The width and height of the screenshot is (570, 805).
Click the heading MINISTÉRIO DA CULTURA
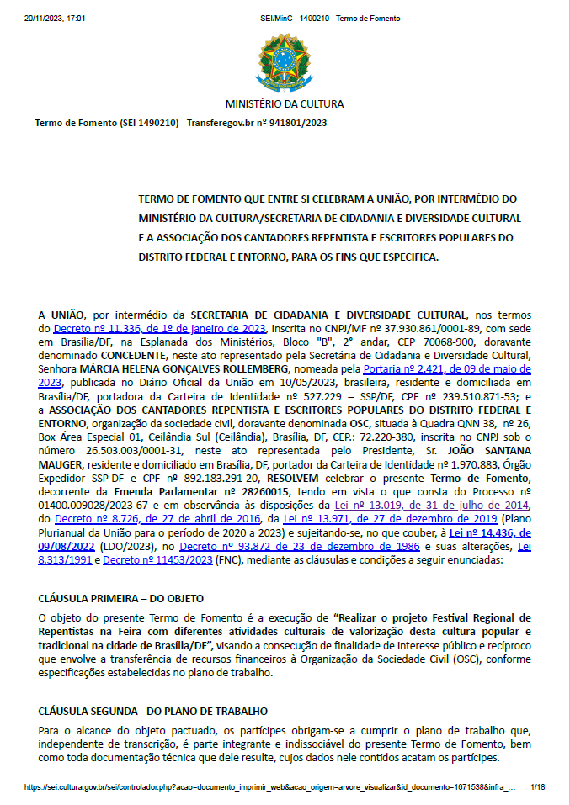click(284, 104)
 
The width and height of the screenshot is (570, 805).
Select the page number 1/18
click(537, 788)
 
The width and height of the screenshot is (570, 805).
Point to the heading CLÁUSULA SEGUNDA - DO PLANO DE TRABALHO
click(153, 712)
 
